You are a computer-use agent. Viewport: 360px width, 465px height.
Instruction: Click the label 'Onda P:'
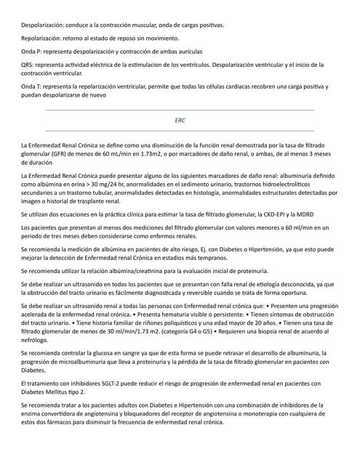tap(33, 52)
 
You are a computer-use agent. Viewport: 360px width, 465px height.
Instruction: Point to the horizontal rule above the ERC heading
tap(180, 110)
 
